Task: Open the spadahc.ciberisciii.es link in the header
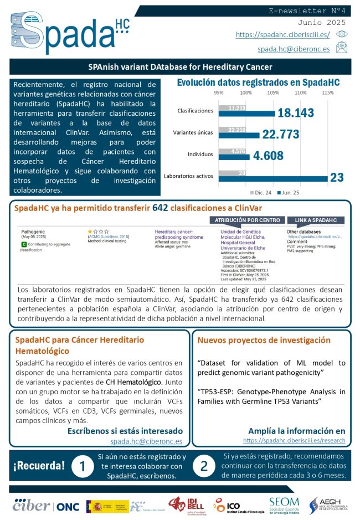(x=282, y=34)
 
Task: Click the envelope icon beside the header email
(x=342, y=49)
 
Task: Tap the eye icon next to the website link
(x=342, y=34)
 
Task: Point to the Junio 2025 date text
(x=321, y=23)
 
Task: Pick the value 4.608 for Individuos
(x=272, y=156)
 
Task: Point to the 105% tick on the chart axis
(x=273, y=92)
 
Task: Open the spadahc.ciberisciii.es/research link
(x=294, y=441)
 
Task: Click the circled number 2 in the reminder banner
(x=203, y=466)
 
